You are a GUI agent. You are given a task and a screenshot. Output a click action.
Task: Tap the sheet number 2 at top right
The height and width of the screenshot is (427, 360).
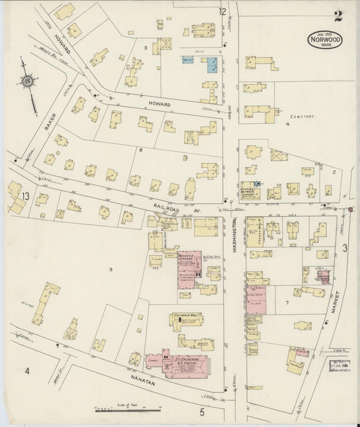[337, 16]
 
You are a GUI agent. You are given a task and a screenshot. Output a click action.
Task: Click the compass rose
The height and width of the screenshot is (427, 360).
[27, 82]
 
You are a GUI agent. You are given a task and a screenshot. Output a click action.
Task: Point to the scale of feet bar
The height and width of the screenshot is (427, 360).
[128, 409]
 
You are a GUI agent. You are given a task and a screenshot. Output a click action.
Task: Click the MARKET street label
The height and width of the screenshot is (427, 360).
[334, 304]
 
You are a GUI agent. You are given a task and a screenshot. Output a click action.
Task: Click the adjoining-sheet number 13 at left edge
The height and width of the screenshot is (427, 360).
[25, 197]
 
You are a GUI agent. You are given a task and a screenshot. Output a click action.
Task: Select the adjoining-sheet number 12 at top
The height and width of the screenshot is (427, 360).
[222, 11]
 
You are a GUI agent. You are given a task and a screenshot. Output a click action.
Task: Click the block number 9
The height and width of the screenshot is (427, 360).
[108, 270]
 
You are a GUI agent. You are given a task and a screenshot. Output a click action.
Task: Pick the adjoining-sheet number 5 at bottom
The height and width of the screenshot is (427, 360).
[201, 411]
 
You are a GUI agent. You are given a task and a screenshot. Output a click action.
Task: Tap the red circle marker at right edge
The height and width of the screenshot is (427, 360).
[351, 209]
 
